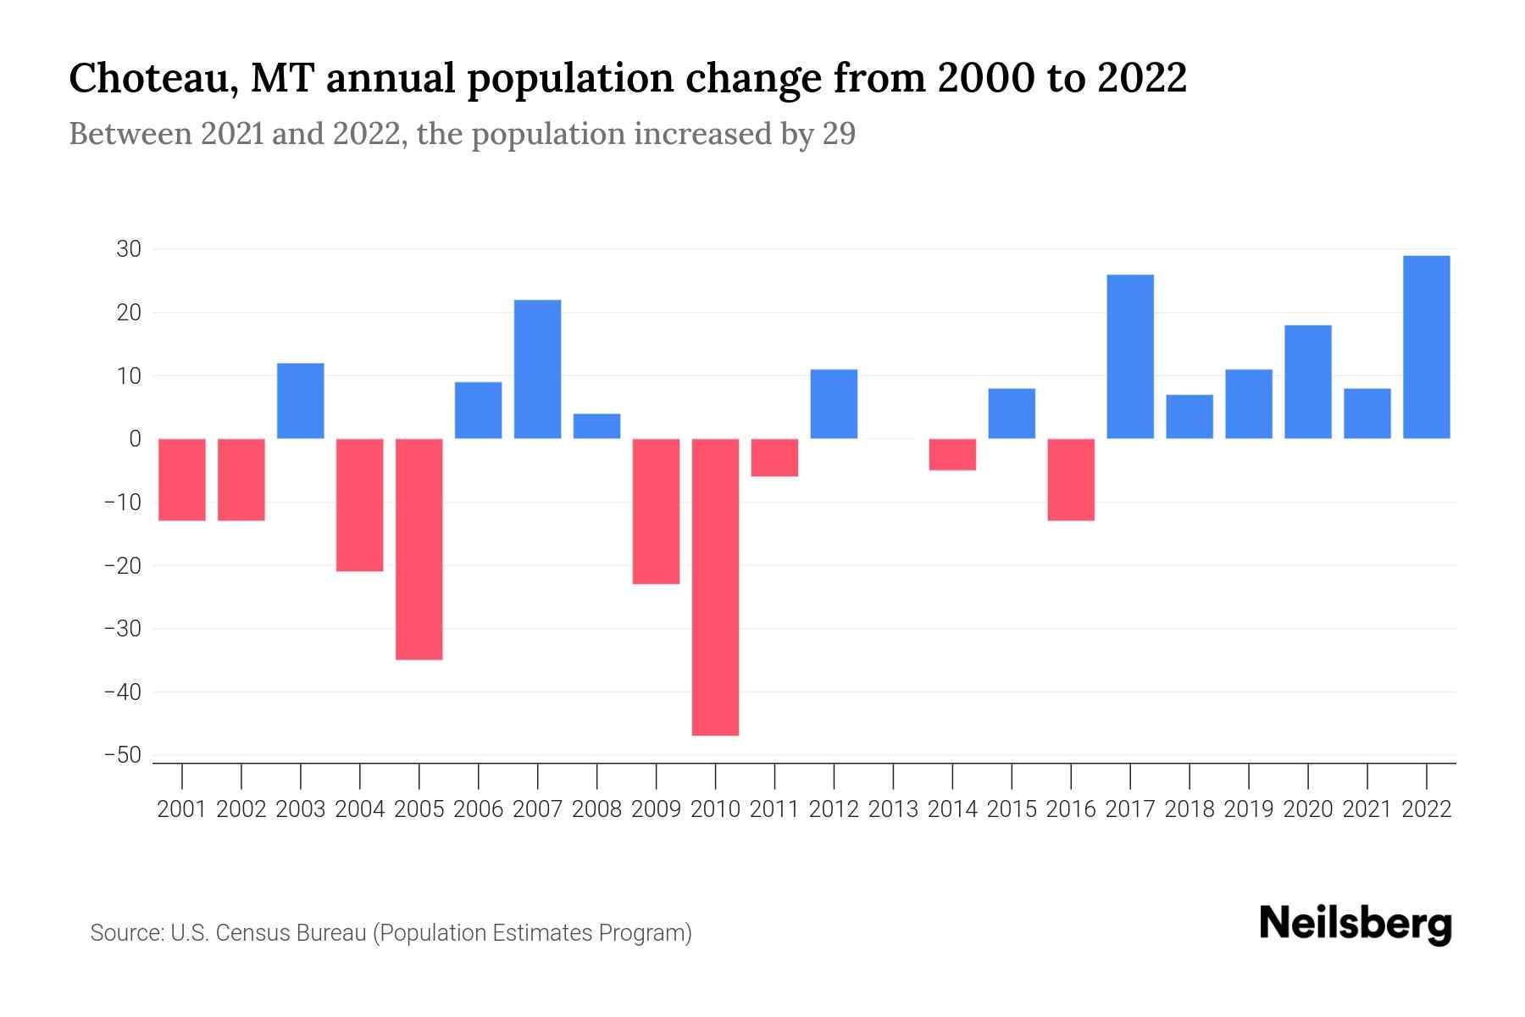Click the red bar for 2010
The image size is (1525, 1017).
(x=715, y=586)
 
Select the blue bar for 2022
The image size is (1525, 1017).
(x=1426, y=347)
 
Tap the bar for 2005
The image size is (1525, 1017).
(x=419, y=548)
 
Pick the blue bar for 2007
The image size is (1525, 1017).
(x=537, y=369)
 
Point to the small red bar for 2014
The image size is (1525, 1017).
(x=952, y=454)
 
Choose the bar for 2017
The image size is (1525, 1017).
(x=1129, y=356)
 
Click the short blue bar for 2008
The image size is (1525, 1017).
(x=596, y=425)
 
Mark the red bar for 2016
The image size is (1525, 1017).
(x=1071, y=479)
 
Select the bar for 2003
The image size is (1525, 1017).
(x=301, y=400)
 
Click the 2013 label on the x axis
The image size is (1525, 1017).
(x=893, y=809)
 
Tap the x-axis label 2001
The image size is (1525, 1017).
(x=182, y=809)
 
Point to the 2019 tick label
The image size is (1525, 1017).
(x=1248, y=809)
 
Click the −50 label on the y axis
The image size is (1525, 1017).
(x=122, y=755)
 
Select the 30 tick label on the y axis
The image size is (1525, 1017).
(x=129, y=249)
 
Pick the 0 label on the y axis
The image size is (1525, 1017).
(x=135, y=439)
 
